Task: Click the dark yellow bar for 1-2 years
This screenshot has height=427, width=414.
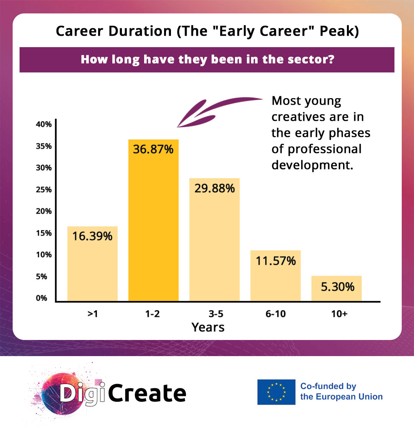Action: click(x=153, y=220)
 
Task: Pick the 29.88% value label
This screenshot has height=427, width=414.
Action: click(x=214, y=189)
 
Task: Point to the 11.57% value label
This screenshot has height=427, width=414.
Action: click(x=275, y=261)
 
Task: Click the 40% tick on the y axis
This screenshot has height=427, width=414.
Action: click(x=44, y=124)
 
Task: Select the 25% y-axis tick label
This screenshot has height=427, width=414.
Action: click(x=44, y=189)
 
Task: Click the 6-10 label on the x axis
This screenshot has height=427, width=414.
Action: click(x=275, y=314)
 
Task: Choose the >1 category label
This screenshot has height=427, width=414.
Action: click(x=92, y=314)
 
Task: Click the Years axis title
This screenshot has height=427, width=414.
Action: click(x=208, y=327)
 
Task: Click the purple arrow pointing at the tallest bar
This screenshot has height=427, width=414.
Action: click(x=215, y=109)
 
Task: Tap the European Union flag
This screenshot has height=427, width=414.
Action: click(x=276, y=392)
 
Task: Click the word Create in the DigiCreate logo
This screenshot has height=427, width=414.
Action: click(x=147, y=393)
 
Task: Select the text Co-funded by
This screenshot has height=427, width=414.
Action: click(x=328, y=386)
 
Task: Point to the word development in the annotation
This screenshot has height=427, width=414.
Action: click(x=311, y=165)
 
